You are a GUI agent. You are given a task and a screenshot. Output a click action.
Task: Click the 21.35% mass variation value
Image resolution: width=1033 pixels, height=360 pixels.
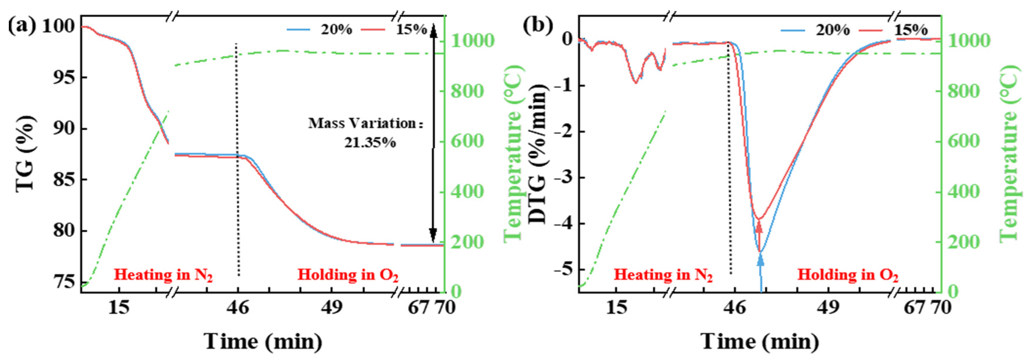[370, 143]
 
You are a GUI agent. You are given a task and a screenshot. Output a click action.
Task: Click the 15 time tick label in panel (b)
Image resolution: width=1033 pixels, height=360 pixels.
[616, 308]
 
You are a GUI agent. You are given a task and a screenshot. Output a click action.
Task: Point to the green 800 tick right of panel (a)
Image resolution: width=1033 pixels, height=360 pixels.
[467, 91]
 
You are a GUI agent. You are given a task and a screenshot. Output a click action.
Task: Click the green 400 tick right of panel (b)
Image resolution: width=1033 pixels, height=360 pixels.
[963, 191]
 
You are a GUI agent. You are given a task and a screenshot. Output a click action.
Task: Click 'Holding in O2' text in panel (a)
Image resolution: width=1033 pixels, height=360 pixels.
[348, 275]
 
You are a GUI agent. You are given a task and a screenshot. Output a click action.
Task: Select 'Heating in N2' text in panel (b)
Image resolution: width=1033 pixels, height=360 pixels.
[663, 275]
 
